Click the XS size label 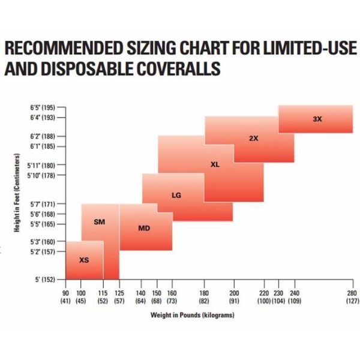tap(84, 260)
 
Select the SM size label tap(100, 222)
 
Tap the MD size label tap(144, 228)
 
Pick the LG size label tap(176, 195)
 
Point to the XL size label tap(215, 164)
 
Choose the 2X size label tap(253, 139)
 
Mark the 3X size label tap(317, 119)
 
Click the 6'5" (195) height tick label tap(42, 107)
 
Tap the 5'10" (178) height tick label tap(41, 175)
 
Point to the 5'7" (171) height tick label tap(42, 205)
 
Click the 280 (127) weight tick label tap(351, 296)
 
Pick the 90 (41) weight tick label tap(65, 296)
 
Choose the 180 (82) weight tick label tap(205, 296)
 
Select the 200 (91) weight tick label tap(234, 296)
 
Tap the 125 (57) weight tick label tap(119, 296)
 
